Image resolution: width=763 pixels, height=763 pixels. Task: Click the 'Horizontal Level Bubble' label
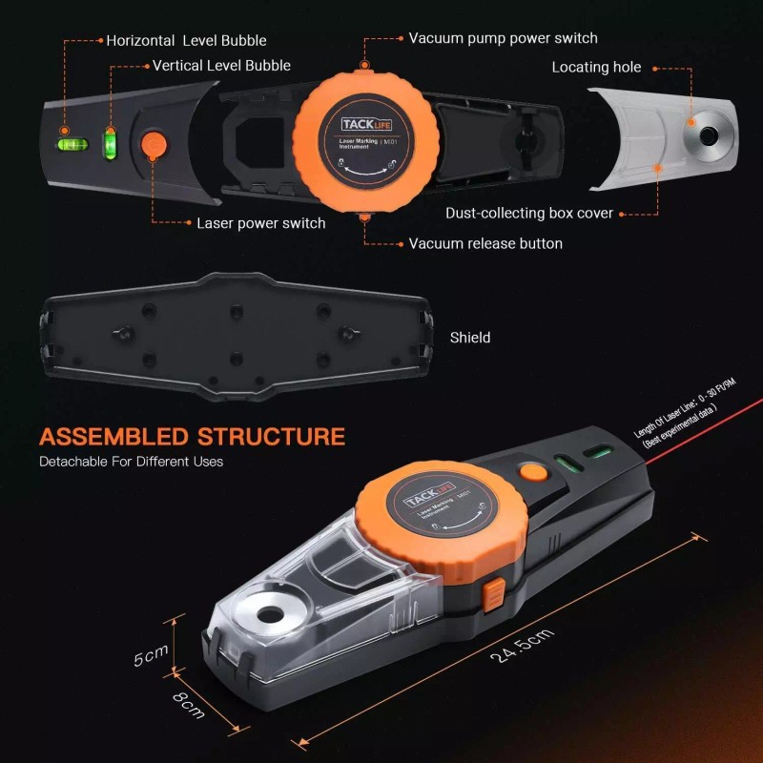tap(186, 41)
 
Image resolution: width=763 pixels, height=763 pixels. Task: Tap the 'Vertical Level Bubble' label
tap(221, 66)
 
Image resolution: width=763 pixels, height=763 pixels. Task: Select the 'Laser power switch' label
tap(260, 223)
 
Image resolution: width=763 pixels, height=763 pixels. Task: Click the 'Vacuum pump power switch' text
tap(503, 38)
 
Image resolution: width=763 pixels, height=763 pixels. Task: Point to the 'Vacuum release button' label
tap(485, 243)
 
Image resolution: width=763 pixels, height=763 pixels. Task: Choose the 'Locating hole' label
tap(596, 67)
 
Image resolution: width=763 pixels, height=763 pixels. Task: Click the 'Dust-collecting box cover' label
tap(529, 214)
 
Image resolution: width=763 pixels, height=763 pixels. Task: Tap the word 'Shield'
tap(470, 338)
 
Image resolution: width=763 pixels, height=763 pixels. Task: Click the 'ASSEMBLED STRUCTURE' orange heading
tap(192, 437)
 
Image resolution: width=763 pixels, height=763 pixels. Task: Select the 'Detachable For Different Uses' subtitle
tap(131, 462)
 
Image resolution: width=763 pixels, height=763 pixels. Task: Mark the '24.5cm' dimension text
tap(522, 639)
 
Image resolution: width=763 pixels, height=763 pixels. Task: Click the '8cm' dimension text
tap(189, 704)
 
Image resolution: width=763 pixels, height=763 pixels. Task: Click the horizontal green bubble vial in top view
tap(72, 146)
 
